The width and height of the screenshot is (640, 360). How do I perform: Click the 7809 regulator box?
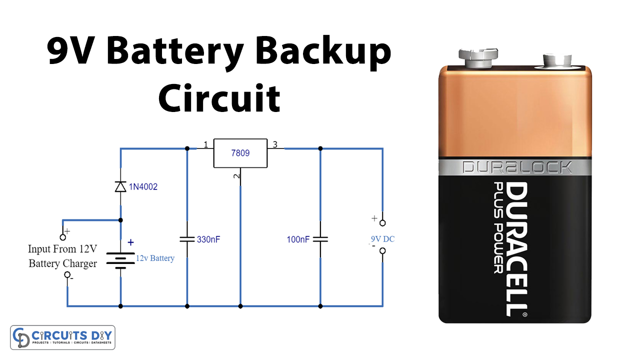[240, 153]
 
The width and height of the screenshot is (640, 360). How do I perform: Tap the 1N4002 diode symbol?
[120, 186]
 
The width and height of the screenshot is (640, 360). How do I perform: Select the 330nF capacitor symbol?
[187, 240]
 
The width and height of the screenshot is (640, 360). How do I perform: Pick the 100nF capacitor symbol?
[320, 239]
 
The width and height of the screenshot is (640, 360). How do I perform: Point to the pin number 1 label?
[205, 145]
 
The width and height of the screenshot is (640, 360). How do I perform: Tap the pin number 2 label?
[237, 175]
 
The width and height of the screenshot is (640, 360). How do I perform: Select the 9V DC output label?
[382, 239]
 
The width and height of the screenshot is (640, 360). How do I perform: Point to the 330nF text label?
[208, 239]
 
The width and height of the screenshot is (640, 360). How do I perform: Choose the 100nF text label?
[298, 239]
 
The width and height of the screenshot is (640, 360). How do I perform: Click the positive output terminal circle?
[382, 222]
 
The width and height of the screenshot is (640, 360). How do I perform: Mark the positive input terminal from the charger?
[63, 237]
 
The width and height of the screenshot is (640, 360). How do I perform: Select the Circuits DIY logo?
[63, 337]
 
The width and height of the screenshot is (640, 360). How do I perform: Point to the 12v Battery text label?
[155, 258]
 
